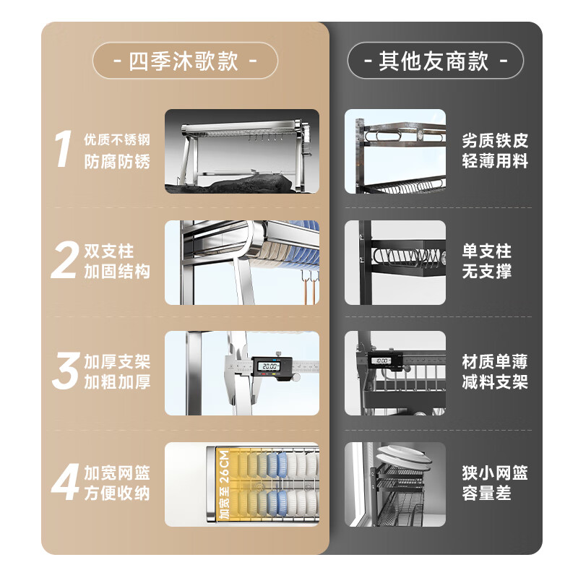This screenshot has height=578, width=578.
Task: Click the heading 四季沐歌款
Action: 185,61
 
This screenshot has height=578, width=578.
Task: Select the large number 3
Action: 64,372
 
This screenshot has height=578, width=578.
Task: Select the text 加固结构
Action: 117,272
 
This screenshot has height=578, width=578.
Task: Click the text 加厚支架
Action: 117,362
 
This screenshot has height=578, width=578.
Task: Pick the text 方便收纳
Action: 117,493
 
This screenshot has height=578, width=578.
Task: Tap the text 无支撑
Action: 486,272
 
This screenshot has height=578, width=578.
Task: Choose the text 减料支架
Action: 495,382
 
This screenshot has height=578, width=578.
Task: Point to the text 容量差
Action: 486,493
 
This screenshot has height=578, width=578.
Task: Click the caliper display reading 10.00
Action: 381,360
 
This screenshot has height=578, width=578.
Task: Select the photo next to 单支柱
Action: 395,262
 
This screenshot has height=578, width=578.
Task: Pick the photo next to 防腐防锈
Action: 241,151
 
